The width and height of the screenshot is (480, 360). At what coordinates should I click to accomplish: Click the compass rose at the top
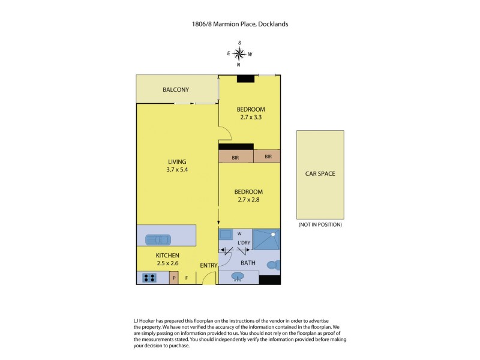click(x=239, y=54)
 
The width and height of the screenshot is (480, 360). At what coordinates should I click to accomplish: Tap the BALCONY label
click(x=176, y=90)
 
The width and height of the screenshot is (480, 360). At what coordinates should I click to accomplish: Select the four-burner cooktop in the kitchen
click(x=149, y=278)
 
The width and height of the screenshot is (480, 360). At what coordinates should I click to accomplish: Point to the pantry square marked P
click(x=174, y=278)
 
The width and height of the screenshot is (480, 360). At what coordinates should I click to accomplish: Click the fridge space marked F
click(x=187, y=278)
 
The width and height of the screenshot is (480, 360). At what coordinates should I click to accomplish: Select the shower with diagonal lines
click(x=266, y=239)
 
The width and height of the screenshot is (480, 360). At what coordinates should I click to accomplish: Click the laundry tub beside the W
click(x=226, y=234)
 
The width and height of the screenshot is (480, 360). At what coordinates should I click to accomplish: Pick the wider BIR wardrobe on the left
click(x=236, y=157)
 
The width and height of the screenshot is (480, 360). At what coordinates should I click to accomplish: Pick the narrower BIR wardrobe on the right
click(x=267, y=157)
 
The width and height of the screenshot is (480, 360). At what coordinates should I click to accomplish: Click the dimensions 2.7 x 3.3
click(x=250, y=118)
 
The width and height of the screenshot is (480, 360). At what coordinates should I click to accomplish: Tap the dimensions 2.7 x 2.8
click(x=250, y=200)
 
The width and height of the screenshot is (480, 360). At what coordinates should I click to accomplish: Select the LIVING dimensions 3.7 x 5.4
click(x=177, y=170)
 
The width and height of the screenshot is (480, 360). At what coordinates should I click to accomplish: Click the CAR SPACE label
click(x=320, y=174)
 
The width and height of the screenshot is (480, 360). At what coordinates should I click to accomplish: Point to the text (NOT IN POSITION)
click(x=320, y=224)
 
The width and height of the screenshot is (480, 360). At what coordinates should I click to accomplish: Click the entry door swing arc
click(x=208, y=278)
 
